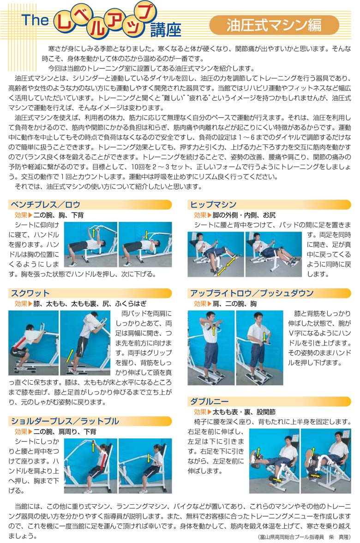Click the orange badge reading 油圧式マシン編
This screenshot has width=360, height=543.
click(x=274, y=25)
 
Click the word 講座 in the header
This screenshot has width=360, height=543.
click(x=166, y=30)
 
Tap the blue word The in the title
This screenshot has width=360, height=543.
click(x=35, y=20)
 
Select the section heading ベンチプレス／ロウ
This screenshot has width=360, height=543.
click(x=45, y=205)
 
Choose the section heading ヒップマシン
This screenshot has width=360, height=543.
click(x=213, y=205)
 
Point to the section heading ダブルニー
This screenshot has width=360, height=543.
click(x=209, y=401)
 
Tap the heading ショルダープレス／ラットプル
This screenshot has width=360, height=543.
click(x=65, y=421)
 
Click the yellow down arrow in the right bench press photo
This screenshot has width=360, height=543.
click(x=147, y=235)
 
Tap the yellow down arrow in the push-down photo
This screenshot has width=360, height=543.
click(x=264, y=337)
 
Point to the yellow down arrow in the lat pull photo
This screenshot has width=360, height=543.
click(x=149, y=458)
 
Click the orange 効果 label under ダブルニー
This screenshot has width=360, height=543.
click(x=200, y=412)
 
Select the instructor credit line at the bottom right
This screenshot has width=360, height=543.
click(x=305, y=537)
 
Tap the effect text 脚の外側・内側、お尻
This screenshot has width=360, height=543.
click(x=244, y=215)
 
